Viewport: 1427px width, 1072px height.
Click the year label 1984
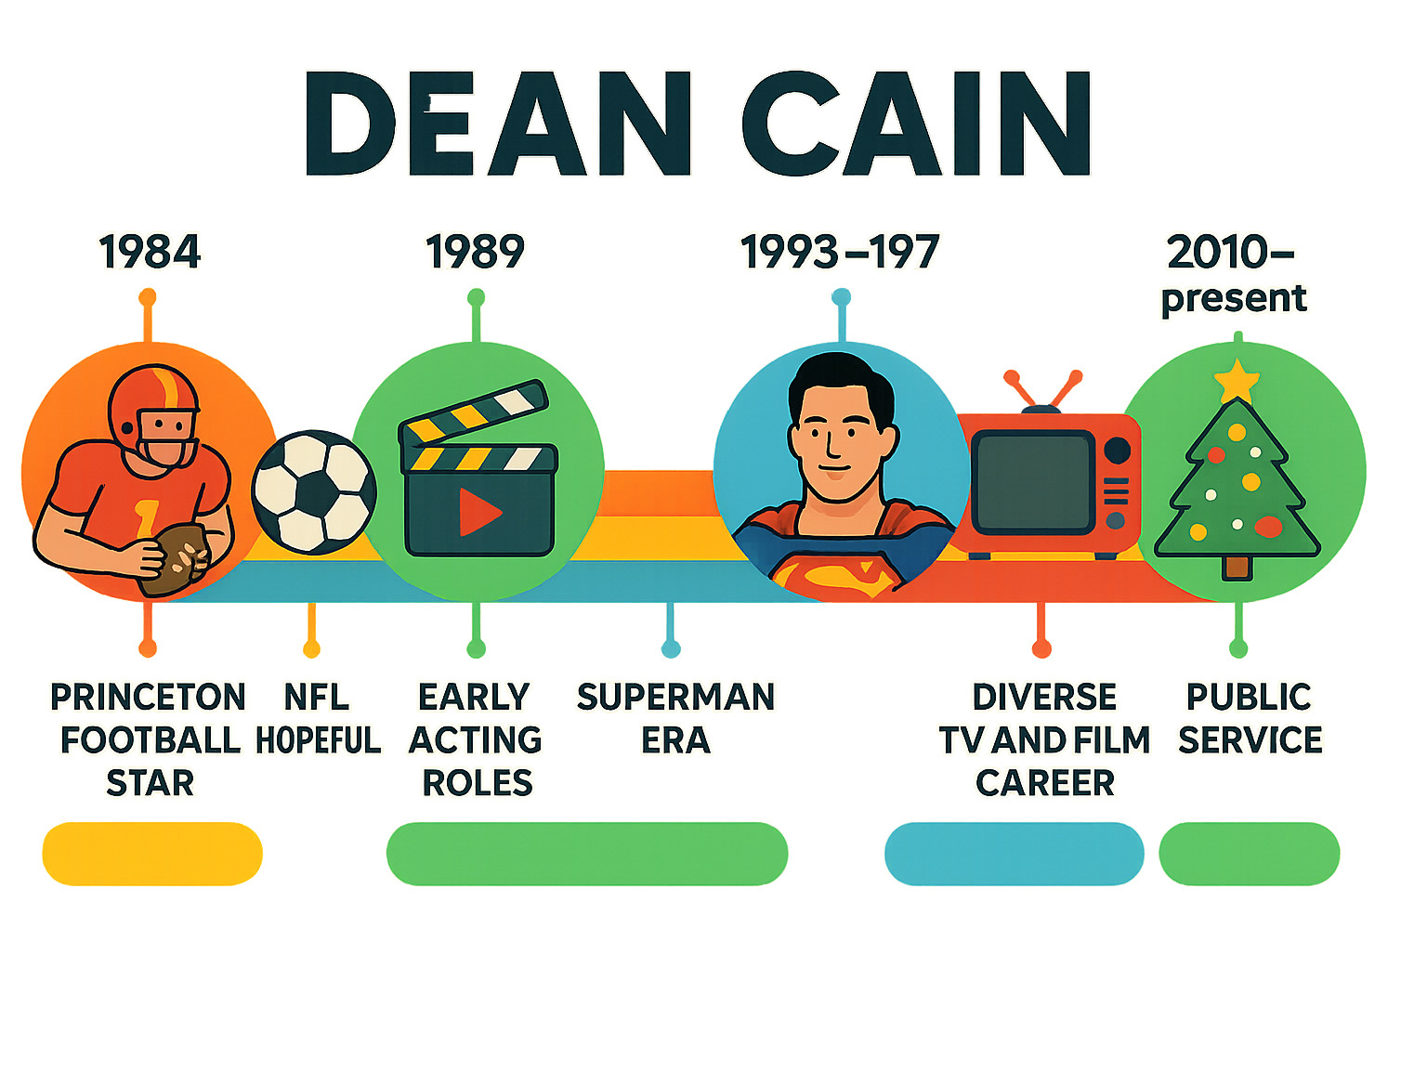[x=150, y=252]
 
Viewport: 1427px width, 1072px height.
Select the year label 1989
[x=476, y=252]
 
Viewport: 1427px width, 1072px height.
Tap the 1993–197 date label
[x=840, y=252]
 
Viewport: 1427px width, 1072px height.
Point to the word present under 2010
[x=1233, y=300]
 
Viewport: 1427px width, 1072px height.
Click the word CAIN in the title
[x=916, y=124]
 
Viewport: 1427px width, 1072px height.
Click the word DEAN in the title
[x=498, y=124]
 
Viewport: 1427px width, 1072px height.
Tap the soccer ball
[x=314, y=492]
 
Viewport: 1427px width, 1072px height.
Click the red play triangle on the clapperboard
[x=478, y=512]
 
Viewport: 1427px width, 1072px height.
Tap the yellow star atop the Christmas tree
[x=1237, y=380]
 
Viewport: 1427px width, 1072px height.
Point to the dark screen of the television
[x=1034, y=482]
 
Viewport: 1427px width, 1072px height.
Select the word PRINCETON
[x=149, y=697]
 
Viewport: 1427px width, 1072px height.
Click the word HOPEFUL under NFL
[x=318, y=740]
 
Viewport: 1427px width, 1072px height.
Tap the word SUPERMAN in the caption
[x=675, y=697]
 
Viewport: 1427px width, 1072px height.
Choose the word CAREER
[x=1045, y=783]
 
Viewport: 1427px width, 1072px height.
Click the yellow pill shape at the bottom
[x=152, y=854]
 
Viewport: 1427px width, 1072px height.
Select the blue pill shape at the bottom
[x=1015, y=854]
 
